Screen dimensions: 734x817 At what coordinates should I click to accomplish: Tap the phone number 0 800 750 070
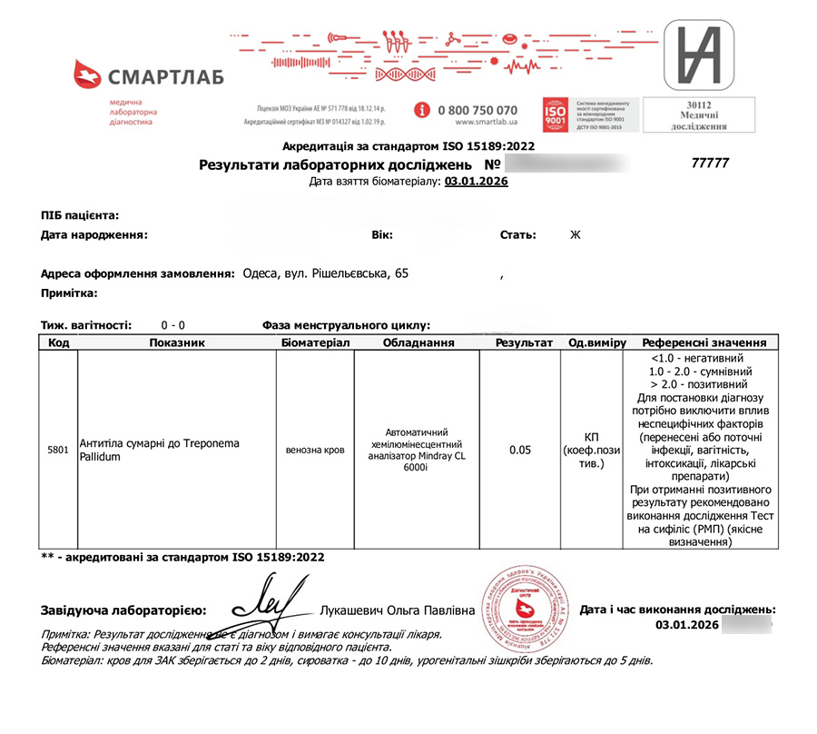[477, 110]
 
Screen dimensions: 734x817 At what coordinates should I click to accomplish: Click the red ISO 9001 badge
[555, 115]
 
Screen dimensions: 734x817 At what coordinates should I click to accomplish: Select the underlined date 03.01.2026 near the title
[477, 182]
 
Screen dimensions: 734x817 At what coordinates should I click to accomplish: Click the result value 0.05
[520, 450]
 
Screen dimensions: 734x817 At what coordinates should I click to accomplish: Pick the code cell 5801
[58, 450]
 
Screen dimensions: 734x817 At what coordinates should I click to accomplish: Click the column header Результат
[523, 343]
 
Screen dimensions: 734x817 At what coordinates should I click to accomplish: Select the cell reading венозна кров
[314, 450]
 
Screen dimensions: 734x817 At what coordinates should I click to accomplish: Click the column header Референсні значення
[704, 343]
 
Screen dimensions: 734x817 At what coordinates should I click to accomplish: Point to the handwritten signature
[265, 603]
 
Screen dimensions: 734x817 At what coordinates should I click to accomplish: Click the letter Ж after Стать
[574, 235]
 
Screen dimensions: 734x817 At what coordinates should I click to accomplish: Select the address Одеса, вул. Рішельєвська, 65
[321, 273]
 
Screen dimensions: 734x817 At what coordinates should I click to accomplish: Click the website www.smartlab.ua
[486, 123]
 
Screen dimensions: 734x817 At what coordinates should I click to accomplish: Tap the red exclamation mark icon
[422, 110]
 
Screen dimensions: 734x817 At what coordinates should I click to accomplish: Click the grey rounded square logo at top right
[698, 54]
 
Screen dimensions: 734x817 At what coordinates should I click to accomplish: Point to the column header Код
[58, 343]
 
